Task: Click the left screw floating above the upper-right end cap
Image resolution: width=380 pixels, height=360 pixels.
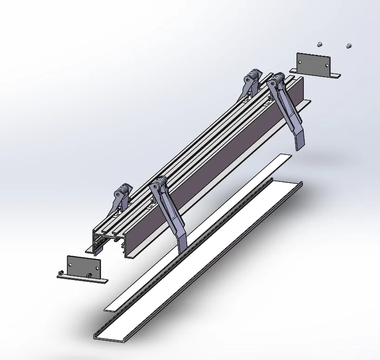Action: point(319,44)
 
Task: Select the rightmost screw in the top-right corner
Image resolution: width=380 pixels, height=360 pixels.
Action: point(349,46)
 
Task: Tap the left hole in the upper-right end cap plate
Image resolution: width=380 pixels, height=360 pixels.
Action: point(301,60)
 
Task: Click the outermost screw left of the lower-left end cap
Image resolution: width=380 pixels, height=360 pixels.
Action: point(60,272)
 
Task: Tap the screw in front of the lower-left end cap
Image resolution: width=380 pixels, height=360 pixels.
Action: point(88,276)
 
